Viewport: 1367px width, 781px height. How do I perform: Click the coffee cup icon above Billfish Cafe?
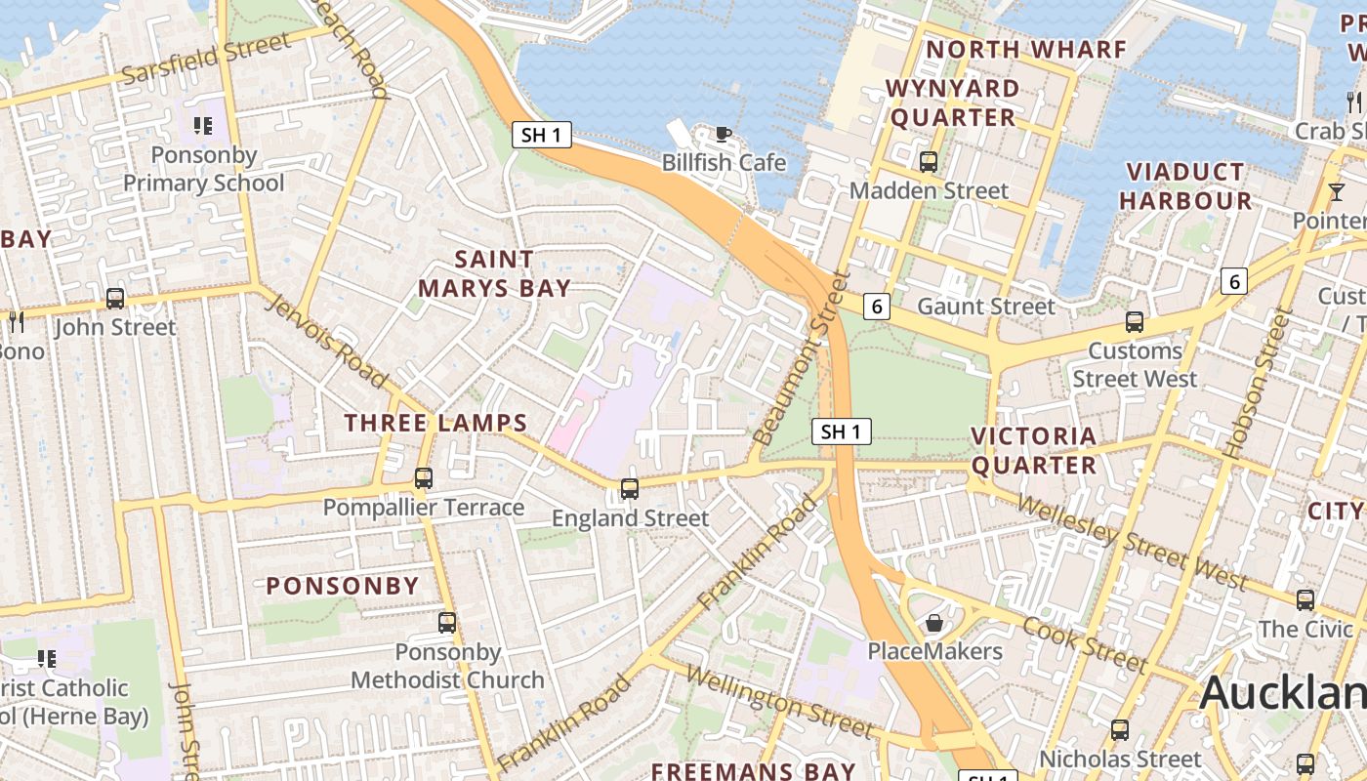pyautogui.click(x=723, y=134)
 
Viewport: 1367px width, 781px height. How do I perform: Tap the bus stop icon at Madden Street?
pyautogui.click(x=928, y=161)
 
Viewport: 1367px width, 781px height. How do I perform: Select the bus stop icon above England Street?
pyautogui.click(x=630, y=488)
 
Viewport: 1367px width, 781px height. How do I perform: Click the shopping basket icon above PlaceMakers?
pyautogui.click(x=934, y=622)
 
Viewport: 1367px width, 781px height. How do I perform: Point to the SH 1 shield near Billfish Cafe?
pyautogui.click(x=542, y=135)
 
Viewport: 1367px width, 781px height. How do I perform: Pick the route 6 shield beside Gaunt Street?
pyautogui.click(x=877, y=307)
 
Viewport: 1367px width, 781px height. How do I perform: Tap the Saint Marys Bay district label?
pyautogui.click(x=495, y=273)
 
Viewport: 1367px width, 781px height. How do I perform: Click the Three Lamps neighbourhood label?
pyautogui.click(x=435, y=423)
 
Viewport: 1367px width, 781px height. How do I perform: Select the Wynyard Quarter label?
pyautogui.click(x=952, y=103)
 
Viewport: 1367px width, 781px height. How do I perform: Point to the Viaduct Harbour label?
pyautogui.click(x=1185, y=186)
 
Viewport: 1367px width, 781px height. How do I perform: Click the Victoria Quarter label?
pyautogui.click(x=1034, y=450)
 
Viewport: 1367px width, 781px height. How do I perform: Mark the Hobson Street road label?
pyautogui.click(x=1261, y=383)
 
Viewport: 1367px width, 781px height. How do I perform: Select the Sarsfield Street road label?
pyautogui.click(x=206, y=60)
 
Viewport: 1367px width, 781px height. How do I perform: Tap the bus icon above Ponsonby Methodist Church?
pyautogui.click(x=447, y=622)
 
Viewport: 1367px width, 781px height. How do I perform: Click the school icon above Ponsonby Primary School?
pyautogui.click(x=203, y=126)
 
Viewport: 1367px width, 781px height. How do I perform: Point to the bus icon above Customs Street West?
pyautogui.click(x=1134, y=321)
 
